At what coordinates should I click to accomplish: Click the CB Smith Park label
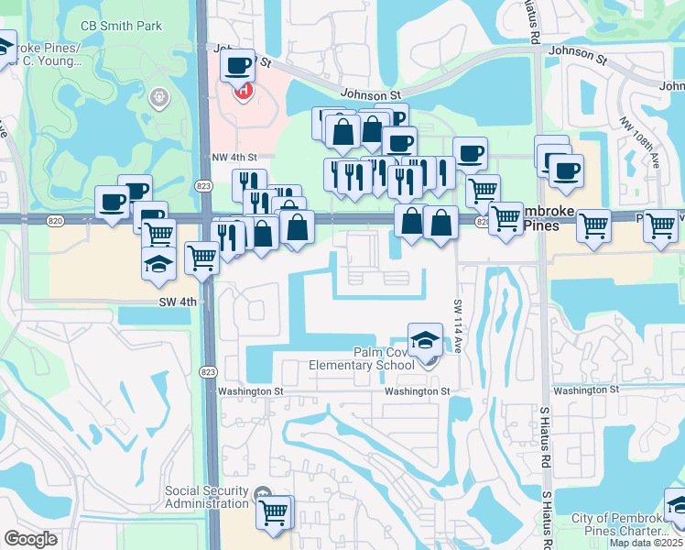click(x=123, y=26)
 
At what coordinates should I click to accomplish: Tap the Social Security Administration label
click(x=206, y=497)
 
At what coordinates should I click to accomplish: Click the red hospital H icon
click(x=244, y=91)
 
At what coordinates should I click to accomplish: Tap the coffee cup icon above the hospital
click(x=238, y=66)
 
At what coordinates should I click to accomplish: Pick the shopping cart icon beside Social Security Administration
click(x=274, y=513)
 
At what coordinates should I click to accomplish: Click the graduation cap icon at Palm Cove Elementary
click(x=425, y=341)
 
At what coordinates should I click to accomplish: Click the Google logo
click(x=30, y=539)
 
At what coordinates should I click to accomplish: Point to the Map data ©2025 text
click(x=647, y=543)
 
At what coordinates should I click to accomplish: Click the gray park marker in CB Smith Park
click(x=159, y=96)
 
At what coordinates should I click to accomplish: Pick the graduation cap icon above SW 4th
click(x=158, y=264)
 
